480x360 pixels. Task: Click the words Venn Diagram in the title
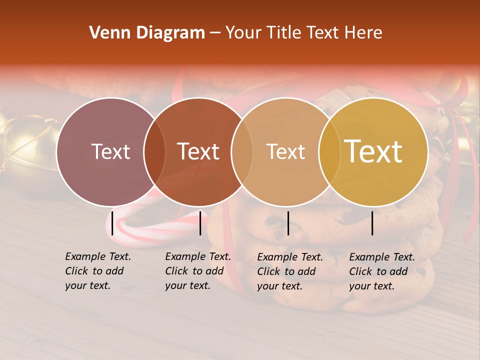pyautogui.click(x=147, y=33)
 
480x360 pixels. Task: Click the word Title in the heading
pyautogui.click(x=284, y=33)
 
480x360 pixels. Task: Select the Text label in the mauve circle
pyautogui.click(x=110, y=151)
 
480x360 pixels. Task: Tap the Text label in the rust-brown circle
pyautogui.click(x=198, y=151)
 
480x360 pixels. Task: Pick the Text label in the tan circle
pyautogui.click(x=285, y=151)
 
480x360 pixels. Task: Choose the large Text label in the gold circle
pyautogui.click(x=373, y=151)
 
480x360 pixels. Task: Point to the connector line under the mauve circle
pyautogui.click(x=112, y=223)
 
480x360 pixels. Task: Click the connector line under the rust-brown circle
pyautogui.click(x=200, y=223)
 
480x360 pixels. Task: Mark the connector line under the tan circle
pyautogui.click(x=288, y=223)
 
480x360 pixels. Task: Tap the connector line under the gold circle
pyautogui.click(x=372, y=223)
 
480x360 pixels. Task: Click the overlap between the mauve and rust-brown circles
pyautogui.click(x=154, y=151)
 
